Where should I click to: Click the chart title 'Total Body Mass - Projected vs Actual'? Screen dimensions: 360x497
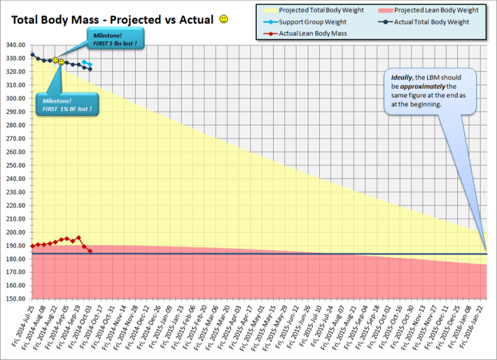pyautogui.click(x=113, y=20)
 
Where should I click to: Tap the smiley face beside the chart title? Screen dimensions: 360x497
pyautogui.click(x=224, y=20)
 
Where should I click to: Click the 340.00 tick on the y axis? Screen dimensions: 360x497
pyautogui.click(x=15, y=45)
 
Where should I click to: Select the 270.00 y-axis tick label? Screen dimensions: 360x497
pyautogui.click(x=15, y=139)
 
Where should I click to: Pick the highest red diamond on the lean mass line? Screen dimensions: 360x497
pyautogui.click(x=78, y=238)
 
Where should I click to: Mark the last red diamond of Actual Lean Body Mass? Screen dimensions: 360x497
pyautogui.click(x=90, y=251)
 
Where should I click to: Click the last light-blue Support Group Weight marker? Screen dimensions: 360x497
pyautogui.click(x=90, y=65)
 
